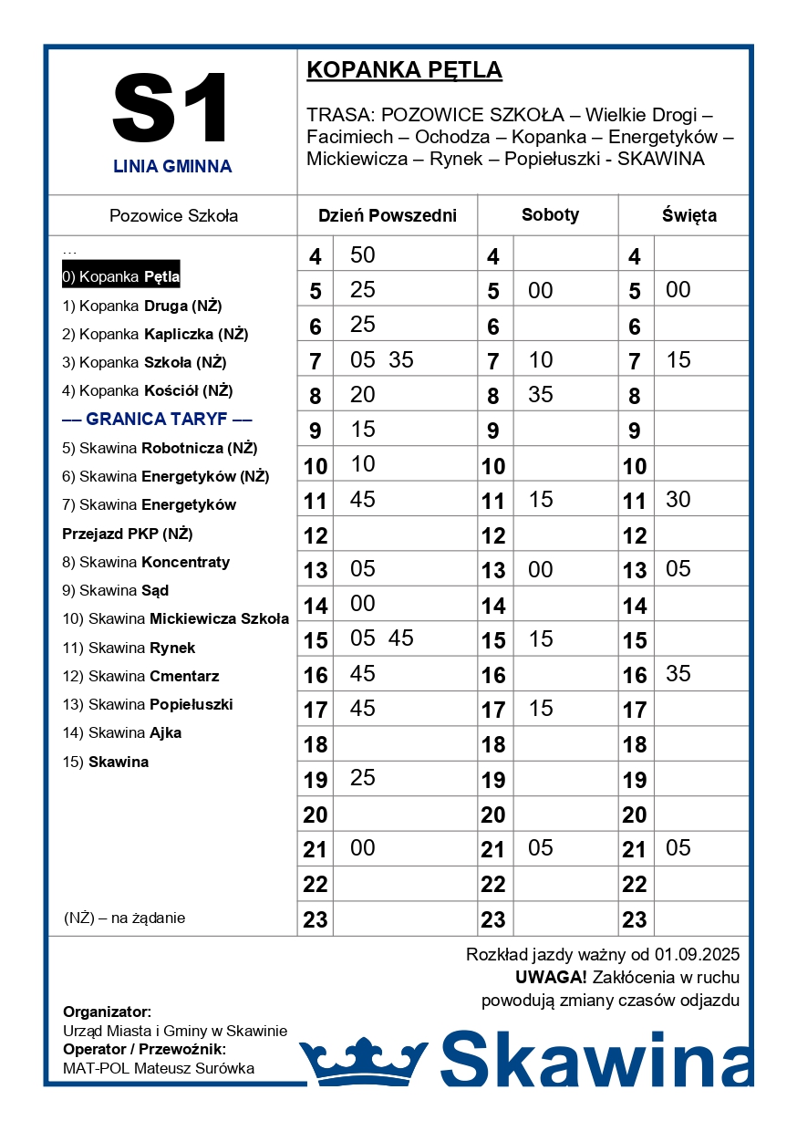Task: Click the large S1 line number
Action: (x=171, y=109)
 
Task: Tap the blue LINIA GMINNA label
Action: (x=172, y=167)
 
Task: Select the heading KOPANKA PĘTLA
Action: (x=404, y=70)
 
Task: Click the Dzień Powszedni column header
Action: (x=387, y=216)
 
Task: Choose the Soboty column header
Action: (x=550, y=215)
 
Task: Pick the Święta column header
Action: (x=688, y=216)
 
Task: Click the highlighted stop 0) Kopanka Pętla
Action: (x=120, y=276)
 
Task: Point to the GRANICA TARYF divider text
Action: (x=157, y=420)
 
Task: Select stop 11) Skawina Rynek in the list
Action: (x=129, y=648)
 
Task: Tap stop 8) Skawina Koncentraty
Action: (x=146, y=562)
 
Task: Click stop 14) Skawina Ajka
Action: (x=121, y=733)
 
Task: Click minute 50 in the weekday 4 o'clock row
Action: (x=363, y=255)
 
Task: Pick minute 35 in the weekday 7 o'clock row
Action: (x=401, y=360)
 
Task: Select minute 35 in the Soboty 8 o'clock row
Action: (x=541, y=395)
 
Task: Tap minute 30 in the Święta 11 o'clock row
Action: (x=678, y=499)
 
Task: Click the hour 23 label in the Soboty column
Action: (x=493, y=919)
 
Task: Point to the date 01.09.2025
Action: (x=697, y=955)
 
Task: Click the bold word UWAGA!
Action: (x=551, y=978)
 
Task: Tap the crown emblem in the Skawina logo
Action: (x=363, y=1061)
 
